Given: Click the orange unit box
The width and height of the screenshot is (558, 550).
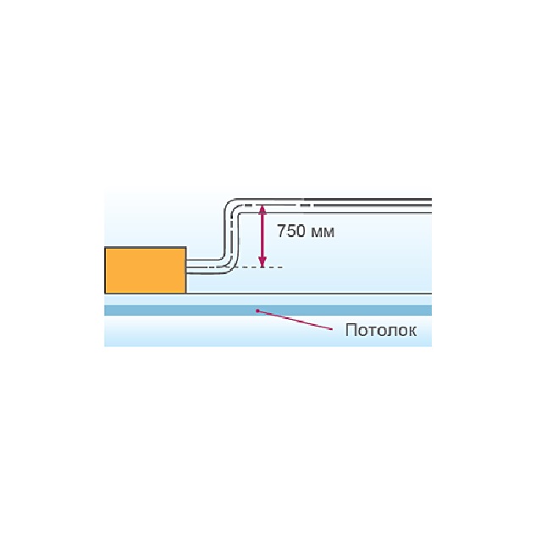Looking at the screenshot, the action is [145, 270].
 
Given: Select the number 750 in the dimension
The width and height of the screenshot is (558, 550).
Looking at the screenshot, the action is [291, 232].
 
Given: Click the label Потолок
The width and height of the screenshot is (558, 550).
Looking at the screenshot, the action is [381, 330].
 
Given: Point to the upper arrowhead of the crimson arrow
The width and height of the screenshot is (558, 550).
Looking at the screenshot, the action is [262, 209].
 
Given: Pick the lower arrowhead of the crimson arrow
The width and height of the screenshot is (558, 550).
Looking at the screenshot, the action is [262, 263].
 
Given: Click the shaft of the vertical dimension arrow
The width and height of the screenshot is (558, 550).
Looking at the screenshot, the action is [262, 236].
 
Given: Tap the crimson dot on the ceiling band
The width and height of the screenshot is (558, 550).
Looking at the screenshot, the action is [257, 311].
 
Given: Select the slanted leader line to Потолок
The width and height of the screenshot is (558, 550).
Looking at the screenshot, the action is [295, 320].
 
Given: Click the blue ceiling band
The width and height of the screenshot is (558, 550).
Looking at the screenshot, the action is [268, 310].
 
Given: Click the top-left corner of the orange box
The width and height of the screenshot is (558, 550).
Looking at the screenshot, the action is [105, 247].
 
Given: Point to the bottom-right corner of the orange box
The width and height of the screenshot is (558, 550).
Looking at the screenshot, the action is [185, 294].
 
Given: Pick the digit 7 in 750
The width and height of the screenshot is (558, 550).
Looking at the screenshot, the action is [282, 232].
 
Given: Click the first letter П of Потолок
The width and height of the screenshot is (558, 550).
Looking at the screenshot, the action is [351, 329].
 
